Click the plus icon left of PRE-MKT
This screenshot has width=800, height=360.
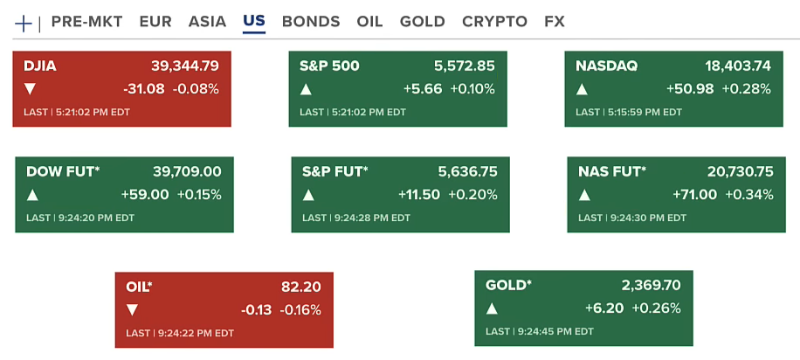(x=24, y=23)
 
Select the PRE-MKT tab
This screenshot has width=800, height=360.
(x=86, y=22)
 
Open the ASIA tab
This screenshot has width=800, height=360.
(x=207, y=22)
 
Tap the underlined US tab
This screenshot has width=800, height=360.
(x=254, y=22)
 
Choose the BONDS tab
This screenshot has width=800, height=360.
(x=311, y=22)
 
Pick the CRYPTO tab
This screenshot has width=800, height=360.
(x=494, y=22)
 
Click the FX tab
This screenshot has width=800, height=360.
(x=554, y=22)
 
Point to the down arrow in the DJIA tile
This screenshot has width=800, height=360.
(x=31, y=88)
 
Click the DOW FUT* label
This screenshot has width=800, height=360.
(x=63, y=171)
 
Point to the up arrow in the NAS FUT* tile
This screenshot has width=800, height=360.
(x=583, y=194)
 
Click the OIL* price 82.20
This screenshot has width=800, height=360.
(x=301, y=287)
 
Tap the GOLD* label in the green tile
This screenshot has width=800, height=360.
(x=508, y=285)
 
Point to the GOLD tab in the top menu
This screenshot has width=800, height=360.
(x=422, y=22)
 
